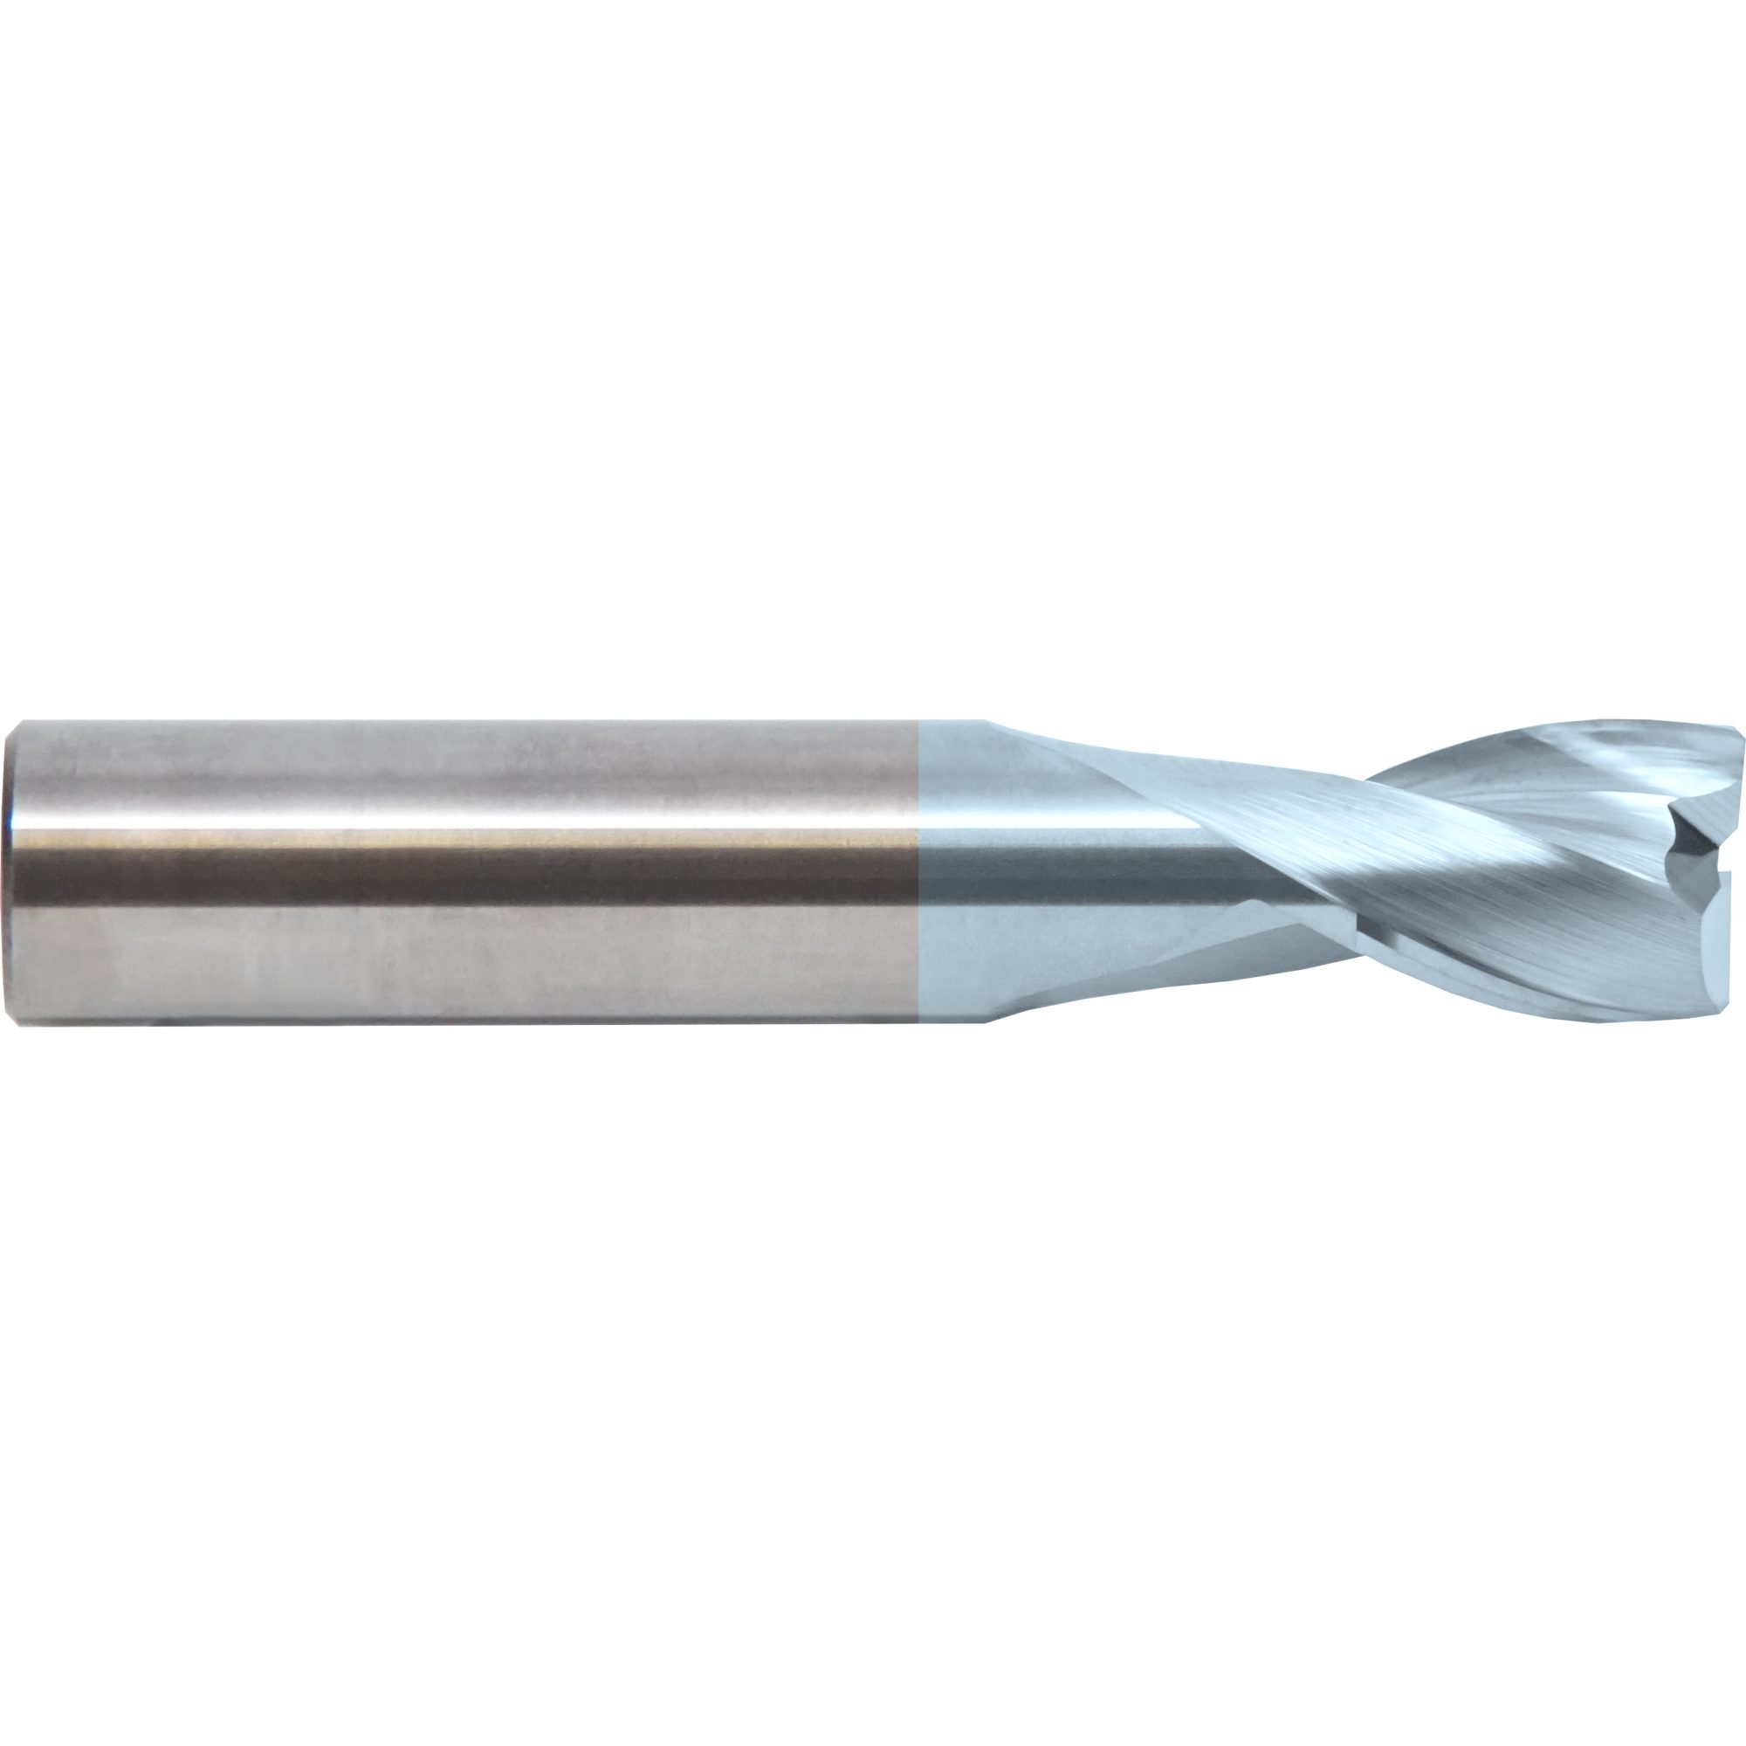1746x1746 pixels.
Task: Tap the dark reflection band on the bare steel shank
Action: (x=452, y=870)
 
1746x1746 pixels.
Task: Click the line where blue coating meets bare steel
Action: (x=918, y=872)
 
